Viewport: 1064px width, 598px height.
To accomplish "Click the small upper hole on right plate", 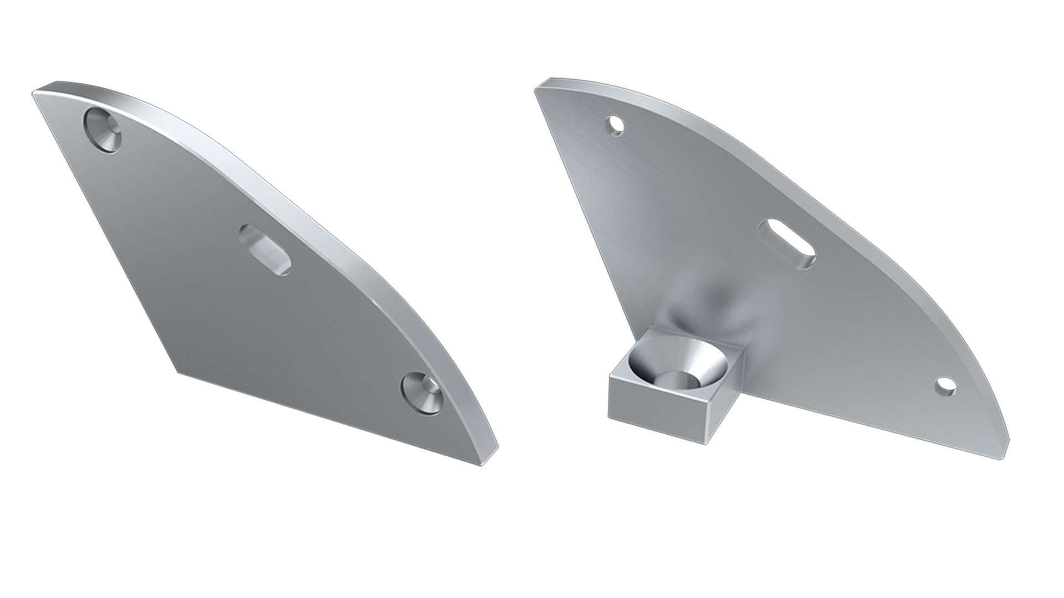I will point(615,124).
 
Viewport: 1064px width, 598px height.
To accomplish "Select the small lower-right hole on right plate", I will point(945,386).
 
